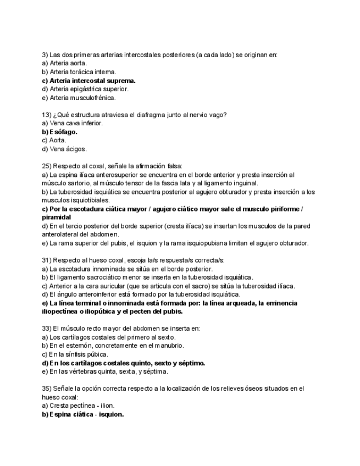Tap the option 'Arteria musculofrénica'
74,98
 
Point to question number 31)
47,260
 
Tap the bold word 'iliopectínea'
63,312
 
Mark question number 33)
47,328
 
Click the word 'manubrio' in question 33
168,346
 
